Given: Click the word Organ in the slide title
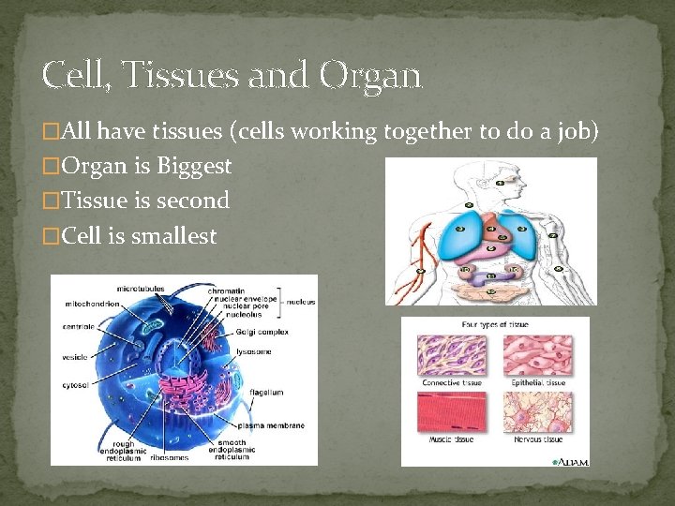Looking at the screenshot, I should (x=369, y=76).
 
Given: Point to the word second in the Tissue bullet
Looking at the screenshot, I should (x=194, y=201).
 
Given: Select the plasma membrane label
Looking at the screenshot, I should (x=272, y=425).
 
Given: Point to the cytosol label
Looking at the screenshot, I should (x=75, y=384).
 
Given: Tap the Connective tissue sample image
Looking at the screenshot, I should (x=451, y=354).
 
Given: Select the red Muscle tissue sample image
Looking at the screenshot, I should (x=451, y=411).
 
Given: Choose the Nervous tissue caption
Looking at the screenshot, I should (x=538, y=439).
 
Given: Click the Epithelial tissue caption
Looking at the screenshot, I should (x=538, y=382).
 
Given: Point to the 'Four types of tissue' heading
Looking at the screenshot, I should (x=495, y=325).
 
